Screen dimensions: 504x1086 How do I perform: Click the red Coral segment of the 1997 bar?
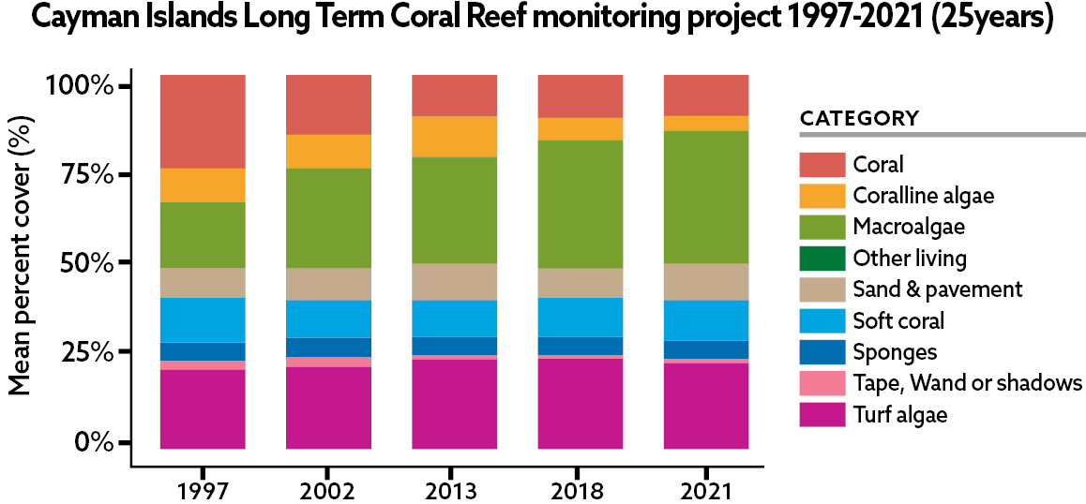point(203,121)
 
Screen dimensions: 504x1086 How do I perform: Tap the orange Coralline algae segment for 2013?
point(455,137)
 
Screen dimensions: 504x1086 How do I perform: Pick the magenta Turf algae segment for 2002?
point(328,408)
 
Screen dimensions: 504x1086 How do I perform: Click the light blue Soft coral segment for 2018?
point(580,317)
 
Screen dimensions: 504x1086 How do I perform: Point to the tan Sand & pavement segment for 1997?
point(203,283)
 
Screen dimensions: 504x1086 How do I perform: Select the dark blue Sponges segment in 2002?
point(328,347)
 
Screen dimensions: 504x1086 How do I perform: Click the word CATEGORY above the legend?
point(859,119)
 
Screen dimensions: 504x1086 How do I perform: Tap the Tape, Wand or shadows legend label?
point(968,383)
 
